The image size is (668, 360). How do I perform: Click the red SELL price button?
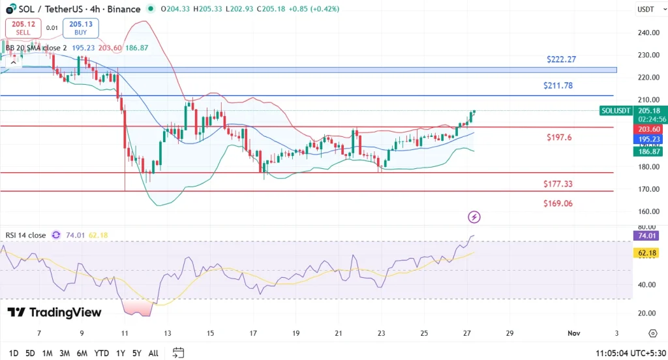(x=23, y=28)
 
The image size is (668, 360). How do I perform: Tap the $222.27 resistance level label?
(x=561, y=59)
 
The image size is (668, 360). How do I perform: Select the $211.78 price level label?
(x=558, y=86)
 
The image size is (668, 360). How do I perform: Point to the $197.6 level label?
(x=559, y=138)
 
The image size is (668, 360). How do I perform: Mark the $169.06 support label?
(x=558, y=203)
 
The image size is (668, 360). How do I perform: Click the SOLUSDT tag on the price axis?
(x=615, y=111)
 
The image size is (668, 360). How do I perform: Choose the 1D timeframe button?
(x=12, y=353)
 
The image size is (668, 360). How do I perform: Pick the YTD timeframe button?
(x=101, y=353)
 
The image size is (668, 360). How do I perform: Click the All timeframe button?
(x=153, y=353)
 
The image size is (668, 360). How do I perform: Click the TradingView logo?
(x=55, y=312)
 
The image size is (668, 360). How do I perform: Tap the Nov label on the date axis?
(x=574, y=333)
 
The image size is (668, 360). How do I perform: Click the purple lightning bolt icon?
(x=474, y=217)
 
